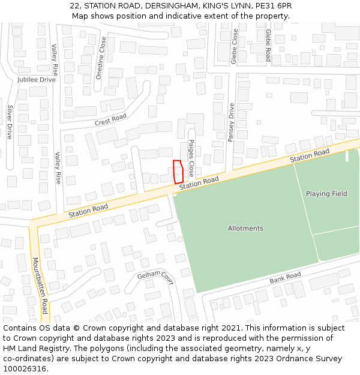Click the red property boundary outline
pyautogui.click(x=178, y=172)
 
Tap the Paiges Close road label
pyautogui.click(x=191, y=158)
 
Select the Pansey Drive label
pyautogui.click(x=231, y=122)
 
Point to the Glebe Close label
pyautogui.click(x=235, y=46)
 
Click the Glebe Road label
pyautogui.click(x=268, y=46)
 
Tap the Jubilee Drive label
pyautogui.click(x=36, y=79)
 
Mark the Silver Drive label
pyautogui.click(x=10, y=122)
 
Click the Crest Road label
pyautogui.click(x=110, y=119)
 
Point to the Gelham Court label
pyautogui.click(x=155, y=277)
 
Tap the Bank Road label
pyautogui.click(x=285, y=278)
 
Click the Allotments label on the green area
pyautogui.click(x=245, y=229)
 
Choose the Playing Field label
pyautogui.click(x=326, y=194)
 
